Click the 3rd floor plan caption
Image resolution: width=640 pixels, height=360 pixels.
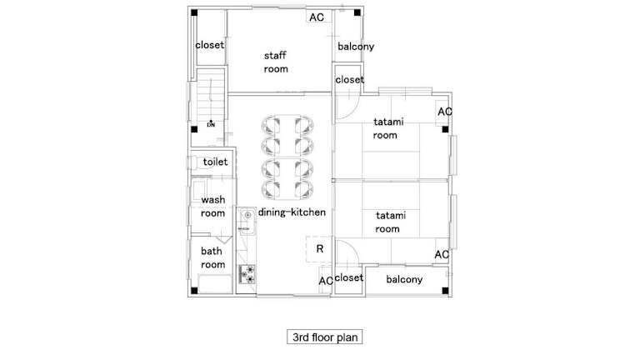tap(324, 337)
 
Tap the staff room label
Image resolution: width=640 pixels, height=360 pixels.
tap(276, 62)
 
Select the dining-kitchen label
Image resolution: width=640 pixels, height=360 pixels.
tap(292, 212)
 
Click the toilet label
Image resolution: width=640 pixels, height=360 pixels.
tap(215, 162)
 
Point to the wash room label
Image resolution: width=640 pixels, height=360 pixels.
tap(212, 207)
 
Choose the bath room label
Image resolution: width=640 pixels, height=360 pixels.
tap(212, 257)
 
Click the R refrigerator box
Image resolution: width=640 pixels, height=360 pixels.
tap(319, 248)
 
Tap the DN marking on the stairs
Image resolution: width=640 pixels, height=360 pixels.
tap(211, 124)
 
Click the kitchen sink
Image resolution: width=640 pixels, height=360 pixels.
tap(247, 221)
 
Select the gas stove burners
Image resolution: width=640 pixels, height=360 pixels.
tap(247, 274)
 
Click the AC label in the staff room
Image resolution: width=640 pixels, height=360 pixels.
tap(317, 17)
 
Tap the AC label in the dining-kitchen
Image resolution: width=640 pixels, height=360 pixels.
tap(326, 281)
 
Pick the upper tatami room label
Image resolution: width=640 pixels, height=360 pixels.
tap(388, 128)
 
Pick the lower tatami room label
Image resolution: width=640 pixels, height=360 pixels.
tap(391, 222)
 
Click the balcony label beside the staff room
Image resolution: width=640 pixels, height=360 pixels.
tap(356, 47)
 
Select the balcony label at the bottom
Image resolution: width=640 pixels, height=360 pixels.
tap(404, 279)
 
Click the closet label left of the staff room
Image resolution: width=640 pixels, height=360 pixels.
tap(210, 45)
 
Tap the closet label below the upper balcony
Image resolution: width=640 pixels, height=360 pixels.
tap(349, 80)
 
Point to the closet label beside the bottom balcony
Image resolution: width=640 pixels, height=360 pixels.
tap(348, 277)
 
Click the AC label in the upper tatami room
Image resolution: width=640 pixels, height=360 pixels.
tap(444, 112)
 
